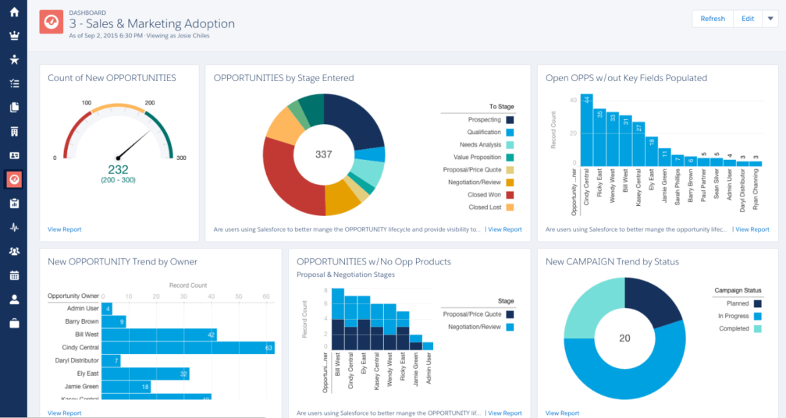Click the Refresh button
pos(713,19)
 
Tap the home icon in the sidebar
pos(13,12)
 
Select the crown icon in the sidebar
pos(13,36)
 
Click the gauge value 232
pos(118,169)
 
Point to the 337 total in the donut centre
pos(323,154)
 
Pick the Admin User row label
pos(82,309)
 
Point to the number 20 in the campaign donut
pos(624,338)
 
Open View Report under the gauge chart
pos(64,229)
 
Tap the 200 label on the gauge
pos(150,103)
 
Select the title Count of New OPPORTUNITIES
pos(112,78)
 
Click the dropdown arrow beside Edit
pos(770,19)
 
